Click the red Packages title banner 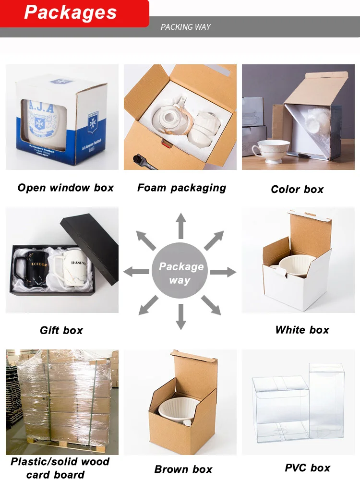72,13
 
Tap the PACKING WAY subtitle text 186,27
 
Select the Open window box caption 66,188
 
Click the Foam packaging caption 181,188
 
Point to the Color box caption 297,190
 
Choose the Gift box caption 61,330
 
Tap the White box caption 302,330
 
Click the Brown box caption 183,469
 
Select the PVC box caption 307,468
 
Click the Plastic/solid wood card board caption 60,468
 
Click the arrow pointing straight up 180,226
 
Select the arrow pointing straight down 180,317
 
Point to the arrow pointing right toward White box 223,272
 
